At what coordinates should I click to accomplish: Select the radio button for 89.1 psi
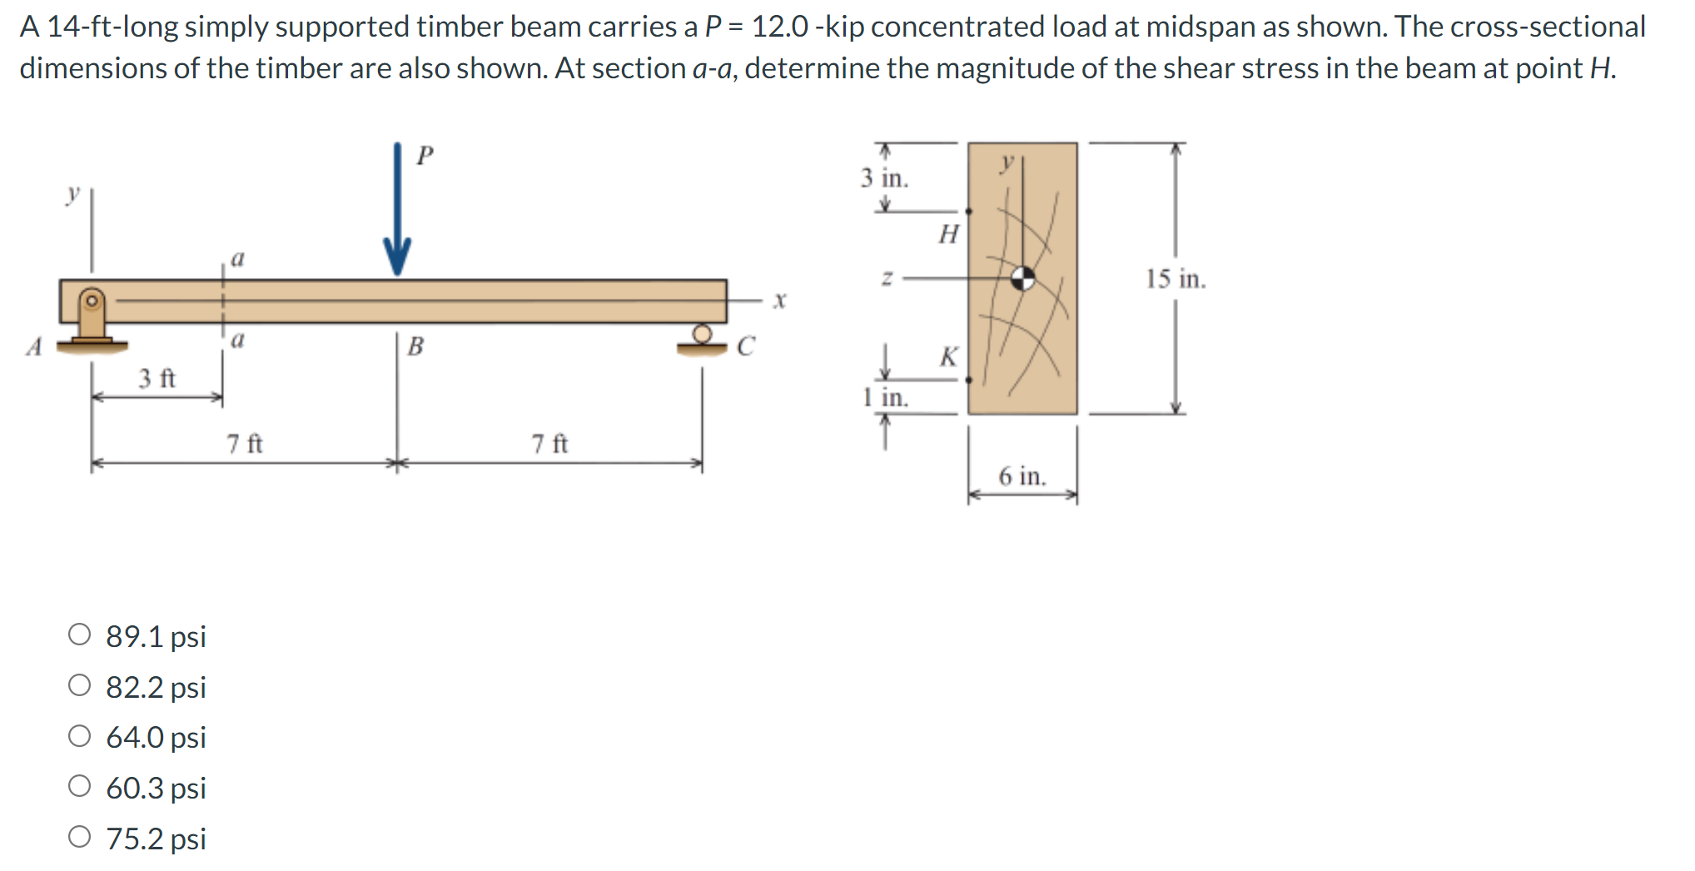[x=80, y=635]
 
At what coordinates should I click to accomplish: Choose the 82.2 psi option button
[x=80, y=686]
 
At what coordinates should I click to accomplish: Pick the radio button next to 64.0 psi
[x=80, y=736]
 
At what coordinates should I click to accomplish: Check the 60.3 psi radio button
[x=80, y=787]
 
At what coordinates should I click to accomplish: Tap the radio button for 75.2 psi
[x=80, y=838]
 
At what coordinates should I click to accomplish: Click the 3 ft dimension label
[x=157, y=379]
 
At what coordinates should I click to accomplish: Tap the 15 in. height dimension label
[x=1175, y=279]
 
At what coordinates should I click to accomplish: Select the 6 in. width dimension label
[x=1022, y=476]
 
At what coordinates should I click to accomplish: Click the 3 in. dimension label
[x=884, y=178]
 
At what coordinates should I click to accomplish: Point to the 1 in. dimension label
[x=886, y=398]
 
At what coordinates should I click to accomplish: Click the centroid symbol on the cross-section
[x=1023, y=278]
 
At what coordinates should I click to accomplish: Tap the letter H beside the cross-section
[x=948, y=234]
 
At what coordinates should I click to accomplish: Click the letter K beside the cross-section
[x=948, y=357]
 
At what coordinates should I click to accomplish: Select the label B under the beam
[x=415, y=346]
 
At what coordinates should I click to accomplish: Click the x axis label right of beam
[x=778, y=300]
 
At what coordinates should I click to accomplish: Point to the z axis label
[x=887, y=279]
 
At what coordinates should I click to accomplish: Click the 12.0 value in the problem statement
[x=779, y=27]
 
